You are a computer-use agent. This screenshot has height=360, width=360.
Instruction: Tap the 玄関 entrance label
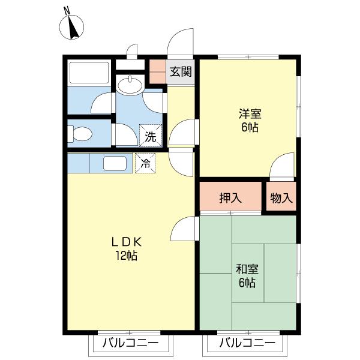point(181,72)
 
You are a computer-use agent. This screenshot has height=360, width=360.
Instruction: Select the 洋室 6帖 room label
point(248,120)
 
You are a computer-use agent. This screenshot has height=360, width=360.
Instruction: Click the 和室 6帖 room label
point(247,275)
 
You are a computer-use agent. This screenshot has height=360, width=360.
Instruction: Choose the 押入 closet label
point(230,197)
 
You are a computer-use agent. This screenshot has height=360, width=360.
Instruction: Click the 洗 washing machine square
point(151,136)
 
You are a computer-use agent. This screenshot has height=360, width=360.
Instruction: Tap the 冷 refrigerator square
point(145,163)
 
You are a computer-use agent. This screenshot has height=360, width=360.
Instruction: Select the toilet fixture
point(81,133)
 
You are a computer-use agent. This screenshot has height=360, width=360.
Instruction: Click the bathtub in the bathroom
point(88,73)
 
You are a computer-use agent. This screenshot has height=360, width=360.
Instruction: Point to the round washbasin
point(130,85)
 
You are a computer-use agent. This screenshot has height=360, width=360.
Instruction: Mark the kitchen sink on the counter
point(115,163)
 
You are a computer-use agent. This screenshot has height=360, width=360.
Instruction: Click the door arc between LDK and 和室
point(185,229)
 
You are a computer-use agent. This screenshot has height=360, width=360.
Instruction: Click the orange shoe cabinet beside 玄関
point(157,72)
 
